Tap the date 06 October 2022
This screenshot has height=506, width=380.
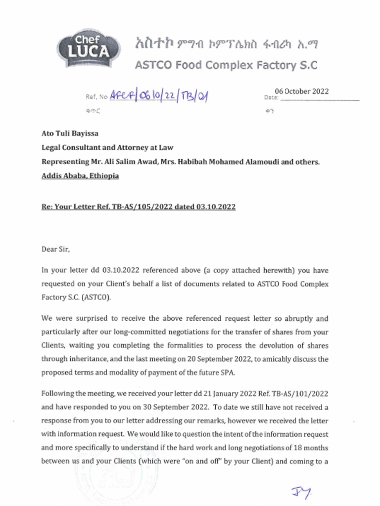click(x=302, y=91)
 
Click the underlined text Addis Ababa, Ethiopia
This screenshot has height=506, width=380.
click(x=80, y=176)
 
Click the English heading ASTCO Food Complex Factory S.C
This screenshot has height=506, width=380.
click(x=226, y=65)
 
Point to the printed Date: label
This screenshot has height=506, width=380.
click(x=272, y=97)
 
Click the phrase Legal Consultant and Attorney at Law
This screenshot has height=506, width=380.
click(x=107, y=147)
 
